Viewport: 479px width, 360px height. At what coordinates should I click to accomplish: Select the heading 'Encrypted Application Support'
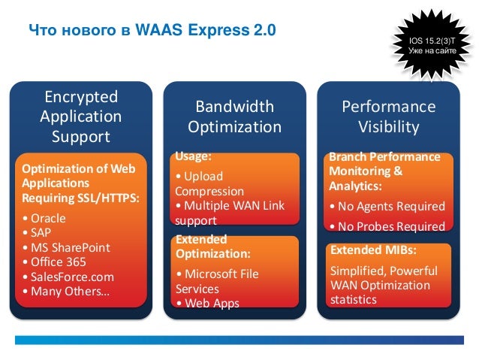pos(80,117)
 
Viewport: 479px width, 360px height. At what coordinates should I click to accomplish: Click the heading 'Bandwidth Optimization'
pos(234,116)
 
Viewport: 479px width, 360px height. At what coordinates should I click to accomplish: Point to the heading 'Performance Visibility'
pos(388,116)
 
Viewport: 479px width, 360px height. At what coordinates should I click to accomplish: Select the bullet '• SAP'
pos(39,233)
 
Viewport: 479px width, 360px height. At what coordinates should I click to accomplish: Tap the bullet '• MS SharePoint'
pos(66,247)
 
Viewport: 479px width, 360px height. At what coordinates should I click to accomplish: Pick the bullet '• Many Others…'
pos(65,290)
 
